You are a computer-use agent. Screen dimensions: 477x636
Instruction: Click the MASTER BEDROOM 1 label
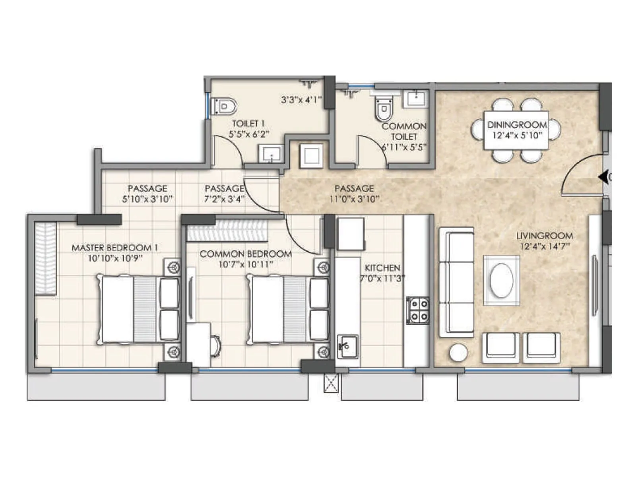click(114, 248)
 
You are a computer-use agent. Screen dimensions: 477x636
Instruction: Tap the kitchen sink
click(347, 346)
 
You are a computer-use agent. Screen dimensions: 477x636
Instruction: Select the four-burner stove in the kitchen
click(417, 310)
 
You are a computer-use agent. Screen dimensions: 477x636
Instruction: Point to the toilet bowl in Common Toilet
click(384, 110)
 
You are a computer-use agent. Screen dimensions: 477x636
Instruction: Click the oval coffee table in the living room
click(501, 281)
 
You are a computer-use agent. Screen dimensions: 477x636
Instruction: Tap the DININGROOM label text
click(517, 125)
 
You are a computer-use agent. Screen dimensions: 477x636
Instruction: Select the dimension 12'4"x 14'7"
click(545, 246)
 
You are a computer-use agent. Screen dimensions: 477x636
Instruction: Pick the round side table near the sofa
click(458, 353)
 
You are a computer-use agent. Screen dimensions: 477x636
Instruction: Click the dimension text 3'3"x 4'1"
click(301, 100)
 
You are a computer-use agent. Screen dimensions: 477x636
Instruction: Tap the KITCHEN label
click(382, 268)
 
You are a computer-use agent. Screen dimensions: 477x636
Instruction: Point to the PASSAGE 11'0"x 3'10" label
click(354, 194)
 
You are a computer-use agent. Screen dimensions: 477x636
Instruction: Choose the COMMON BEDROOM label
click(245, 254)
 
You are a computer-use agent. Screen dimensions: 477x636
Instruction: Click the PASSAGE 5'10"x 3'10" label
click(147, 194)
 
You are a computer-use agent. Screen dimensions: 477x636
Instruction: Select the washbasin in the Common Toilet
click(416, 99)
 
